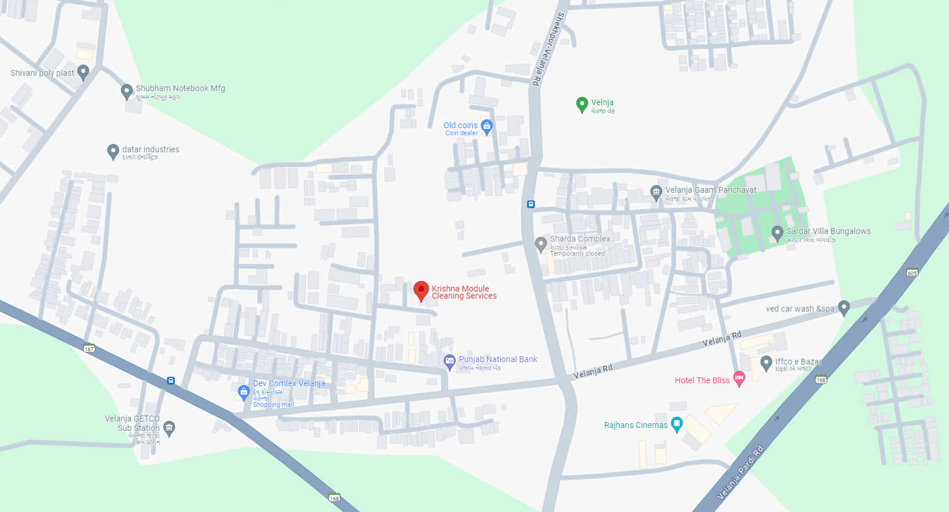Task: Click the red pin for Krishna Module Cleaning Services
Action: coord(421,290)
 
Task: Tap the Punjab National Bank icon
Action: coord(449,362)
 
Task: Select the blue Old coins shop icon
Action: coord(487,126)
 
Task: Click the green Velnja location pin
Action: coord(581,105)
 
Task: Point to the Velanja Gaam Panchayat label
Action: coord(711,190)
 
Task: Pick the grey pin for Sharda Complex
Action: coord(541,244)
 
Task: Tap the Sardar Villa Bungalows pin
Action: coord(777,233)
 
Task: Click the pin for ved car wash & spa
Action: coord(844,307)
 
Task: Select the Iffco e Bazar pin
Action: coord(765,363)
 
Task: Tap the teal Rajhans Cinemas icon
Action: coord(677,424)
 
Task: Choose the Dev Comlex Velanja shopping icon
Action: coord(244,391)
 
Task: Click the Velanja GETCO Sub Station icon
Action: coord(169,427)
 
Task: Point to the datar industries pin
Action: coord(113,151)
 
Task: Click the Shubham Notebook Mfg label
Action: coord(180,88)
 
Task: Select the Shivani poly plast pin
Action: coord(83,72)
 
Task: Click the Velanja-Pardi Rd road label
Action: coord(740,473)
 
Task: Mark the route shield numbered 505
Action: coord(912,273)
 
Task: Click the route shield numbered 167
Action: coord(89,349)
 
